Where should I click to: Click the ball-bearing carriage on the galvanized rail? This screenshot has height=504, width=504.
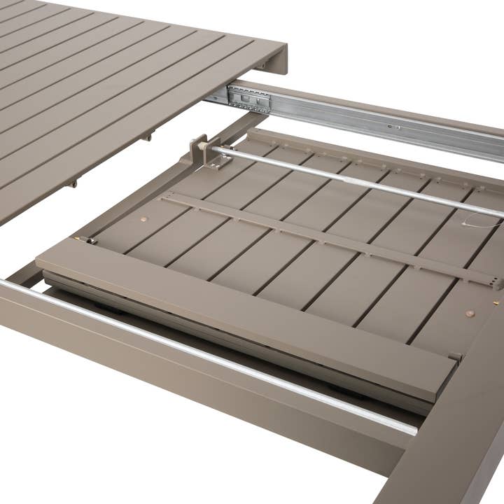248,99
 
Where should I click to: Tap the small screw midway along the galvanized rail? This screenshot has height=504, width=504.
397,127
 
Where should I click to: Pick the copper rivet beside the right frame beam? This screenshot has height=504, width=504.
470,314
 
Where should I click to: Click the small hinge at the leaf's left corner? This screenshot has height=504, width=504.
88,240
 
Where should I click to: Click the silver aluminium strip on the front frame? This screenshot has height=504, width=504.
210,357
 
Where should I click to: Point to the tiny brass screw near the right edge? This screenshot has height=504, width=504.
496,303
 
